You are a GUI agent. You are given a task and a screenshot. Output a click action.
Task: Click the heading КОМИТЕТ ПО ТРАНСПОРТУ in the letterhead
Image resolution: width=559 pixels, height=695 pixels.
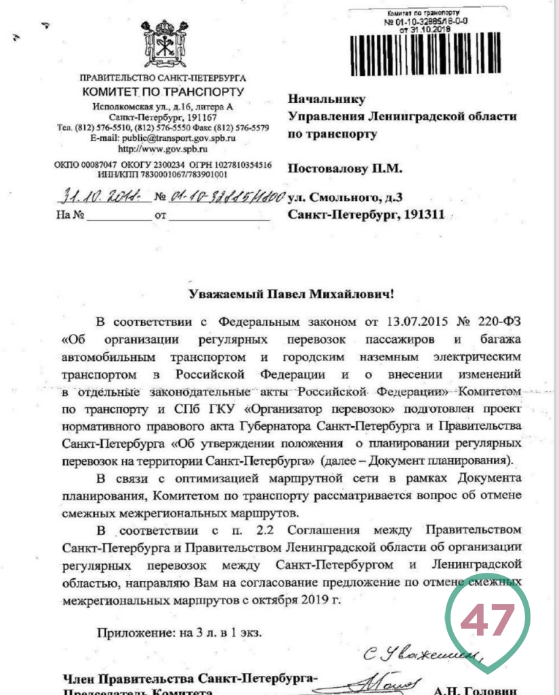pos(162,92)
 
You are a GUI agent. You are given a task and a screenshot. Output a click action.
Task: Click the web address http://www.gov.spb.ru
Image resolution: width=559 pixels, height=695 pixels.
pos(163,148)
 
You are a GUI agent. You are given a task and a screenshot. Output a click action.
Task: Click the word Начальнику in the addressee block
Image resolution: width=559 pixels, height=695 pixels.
pos(326,100)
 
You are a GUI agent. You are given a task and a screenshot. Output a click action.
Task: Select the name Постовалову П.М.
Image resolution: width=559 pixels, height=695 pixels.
pos(345,166)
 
